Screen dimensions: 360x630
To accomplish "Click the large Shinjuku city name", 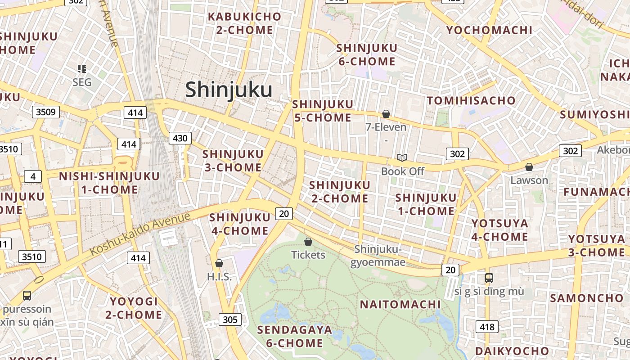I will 229,90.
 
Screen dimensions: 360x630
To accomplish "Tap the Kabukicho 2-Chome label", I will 240,23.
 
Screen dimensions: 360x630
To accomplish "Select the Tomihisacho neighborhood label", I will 471,100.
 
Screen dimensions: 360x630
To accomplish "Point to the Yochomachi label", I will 489,30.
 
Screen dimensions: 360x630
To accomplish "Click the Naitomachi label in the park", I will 400,305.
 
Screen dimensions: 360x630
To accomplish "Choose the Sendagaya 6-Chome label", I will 294,337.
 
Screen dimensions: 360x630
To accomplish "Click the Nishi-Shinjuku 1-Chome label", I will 109,183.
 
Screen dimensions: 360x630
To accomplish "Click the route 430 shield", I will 180,138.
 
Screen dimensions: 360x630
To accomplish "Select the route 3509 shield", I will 46,112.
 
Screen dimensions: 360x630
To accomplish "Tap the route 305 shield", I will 230,320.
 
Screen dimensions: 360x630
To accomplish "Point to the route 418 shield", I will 487,327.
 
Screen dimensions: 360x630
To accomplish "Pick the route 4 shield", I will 33,176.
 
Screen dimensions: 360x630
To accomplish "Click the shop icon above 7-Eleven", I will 386,114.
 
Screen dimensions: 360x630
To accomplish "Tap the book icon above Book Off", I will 402,157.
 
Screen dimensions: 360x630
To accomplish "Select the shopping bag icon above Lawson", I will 529,167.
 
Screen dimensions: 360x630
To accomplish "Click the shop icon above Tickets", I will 308,242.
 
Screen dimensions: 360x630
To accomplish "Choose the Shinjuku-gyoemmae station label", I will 378,256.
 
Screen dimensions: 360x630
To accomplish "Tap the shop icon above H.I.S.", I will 219,263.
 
